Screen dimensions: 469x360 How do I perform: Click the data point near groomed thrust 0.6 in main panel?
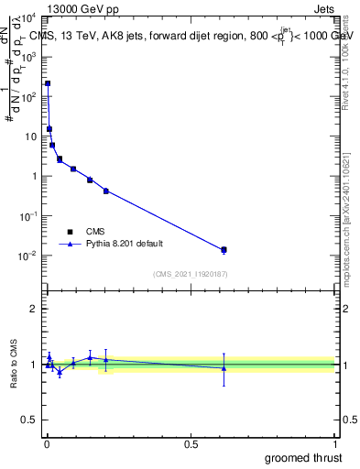pyautogui.click(x=224, y=249)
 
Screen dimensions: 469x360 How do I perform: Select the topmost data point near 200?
pyautogui.click(x=48, y=83)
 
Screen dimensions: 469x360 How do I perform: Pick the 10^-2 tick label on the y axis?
pyautogui.click(x=29, y=256)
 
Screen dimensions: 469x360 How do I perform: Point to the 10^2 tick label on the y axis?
pyautogui.click(x=31, y=96)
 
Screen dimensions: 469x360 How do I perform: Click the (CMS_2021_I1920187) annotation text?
pyautogui.click(x=191, y=274)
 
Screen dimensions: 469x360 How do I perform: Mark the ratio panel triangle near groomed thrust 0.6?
pyautogui.click(x=224, y=368)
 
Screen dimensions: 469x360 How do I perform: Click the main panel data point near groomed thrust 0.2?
pyautogui.click(x=106, y=191)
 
